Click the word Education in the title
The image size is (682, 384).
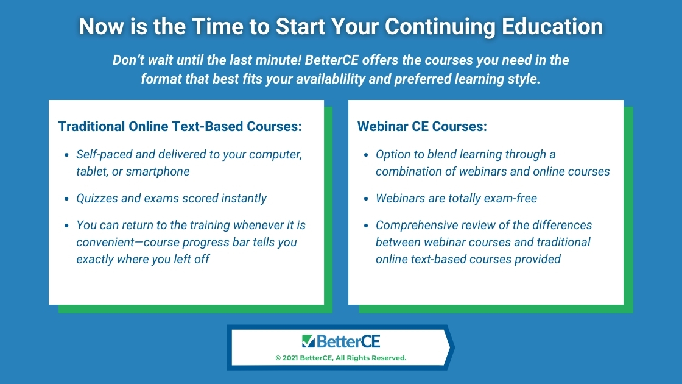coord(552,26)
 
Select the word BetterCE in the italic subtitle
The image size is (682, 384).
coord(332,60)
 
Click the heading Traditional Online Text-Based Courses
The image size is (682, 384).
coord(180,126)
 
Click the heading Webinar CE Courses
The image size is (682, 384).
coord(422,126)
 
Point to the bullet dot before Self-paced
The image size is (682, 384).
coord(66,155)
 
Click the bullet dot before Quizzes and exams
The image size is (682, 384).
coord(66,199)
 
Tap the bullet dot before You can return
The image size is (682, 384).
coord(66,226)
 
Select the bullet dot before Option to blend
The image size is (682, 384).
coord(366,155)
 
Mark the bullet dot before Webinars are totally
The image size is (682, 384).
coord(366,199)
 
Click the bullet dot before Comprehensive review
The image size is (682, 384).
coord(366,226)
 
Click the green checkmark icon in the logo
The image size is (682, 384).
coord(308,341)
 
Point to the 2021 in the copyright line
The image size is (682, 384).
coord(290,358)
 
